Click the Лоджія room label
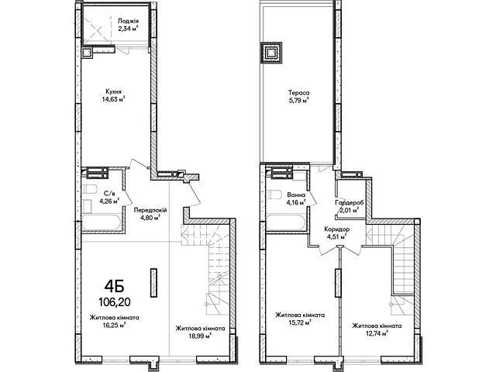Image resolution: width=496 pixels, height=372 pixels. click(128, 21)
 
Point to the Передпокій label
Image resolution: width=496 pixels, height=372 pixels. click(150, 210)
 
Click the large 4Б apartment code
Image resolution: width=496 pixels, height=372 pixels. click(114, 287)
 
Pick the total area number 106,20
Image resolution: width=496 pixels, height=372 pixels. click(114, 303)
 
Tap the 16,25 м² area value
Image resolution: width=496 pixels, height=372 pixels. click(114, 325)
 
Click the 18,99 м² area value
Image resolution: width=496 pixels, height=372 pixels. click(200, 336)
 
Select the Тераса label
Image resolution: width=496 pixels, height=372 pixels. click(298, 93)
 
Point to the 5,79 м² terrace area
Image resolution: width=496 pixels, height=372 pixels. click(298, 101)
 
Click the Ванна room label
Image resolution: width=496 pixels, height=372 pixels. click(296, 195)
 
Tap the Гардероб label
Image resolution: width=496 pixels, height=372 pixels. click(350, 202)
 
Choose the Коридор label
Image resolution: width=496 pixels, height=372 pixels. click(336, 229)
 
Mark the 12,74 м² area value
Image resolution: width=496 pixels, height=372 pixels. click(377, 333)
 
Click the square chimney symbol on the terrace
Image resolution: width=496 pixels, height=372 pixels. click(271, 52)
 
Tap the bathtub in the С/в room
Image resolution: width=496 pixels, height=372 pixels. click(102, 223)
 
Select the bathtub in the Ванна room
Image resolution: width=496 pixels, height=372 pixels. click(286, 223)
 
